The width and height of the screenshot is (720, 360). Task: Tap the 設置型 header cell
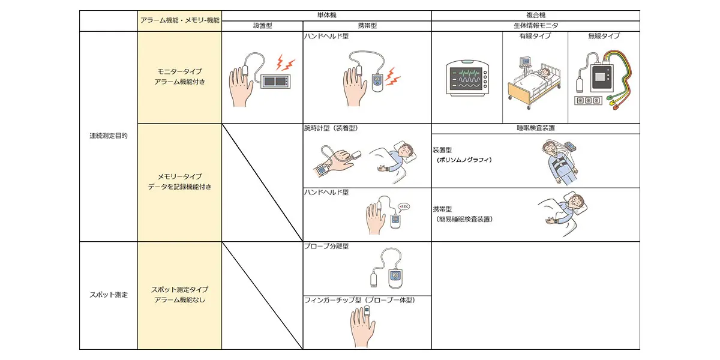263,26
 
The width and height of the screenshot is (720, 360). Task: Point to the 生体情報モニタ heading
535,26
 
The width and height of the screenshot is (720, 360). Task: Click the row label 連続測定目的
109,136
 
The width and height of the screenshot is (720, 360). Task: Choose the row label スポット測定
109,295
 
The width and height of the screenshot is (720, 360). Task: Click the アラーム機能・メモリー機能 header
180,20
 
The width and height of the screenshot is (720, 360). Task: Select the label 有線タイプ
535,37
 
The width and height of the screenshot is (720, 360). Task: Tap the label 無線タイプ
604,37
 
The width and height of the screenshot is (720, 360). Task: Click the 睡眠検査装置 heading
535,128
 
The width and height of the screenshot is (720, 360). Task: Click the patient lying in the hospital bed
543,74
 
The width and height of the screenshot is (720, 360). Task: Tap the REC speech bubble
403,206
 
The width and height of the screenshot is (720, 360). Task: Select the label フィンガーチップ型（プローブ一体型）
359,300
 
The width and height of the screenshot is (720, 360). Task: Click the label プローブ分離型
326,247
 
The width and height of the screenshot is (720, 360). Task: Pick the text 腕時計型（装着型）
332,128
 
